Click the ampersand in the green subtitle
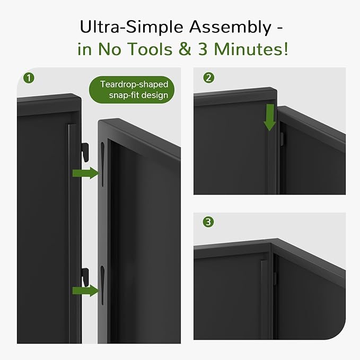pyautogui.click(x=186, y=49)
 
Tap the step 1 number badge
pyautogui.click(x=29, y=78)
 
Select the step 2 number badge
pyautogui.click(x=209, y=78)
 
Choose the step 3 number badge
pyautogui.click(x=209, y=222)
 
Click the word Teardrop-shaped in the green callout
pyautogui.click(x=131, y=84)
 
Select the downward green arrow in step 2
pyautogui.click(x=270, y=117)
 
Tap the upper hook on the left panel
pyautogui.click(x=84, y=151)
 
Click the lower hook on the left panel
pyautogui.click(x=84, y=275)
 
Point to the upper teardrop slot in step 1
pyautogui.click(x=101, y=162)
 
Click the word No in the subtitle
pyautogui.click(x=115, y=49)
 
